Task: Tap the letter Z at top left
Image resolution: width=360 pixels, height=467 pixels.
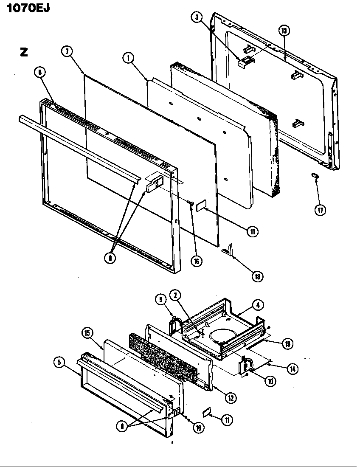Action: point(24,52)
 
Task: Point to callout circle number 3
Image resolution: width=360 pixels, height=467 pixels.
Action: point(196,17)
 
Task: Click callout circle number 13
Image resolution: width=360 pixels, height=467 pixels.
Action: point(284,31)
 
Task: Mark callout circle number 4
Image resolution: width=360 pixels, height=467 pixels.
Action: point(257,304)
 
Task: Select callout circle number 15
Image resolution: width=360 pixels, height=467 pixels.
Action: point(88,333)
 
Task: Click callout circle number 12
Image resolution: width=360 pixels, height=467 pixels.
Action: point(231,398)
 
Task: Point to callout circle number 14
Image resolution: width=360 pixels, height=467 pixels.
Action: point(292,369)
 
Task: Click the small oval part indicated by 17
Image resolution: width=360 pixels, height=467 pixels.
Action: point(315,175)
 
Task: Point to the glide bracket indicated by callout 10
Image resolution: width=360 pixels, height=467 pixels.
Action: point(245,366)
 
